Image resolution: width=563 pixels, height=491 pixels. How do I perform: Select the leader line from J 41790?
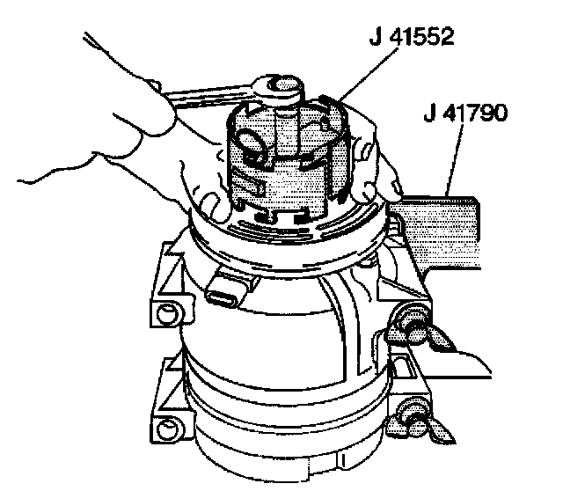pyautogui.click(x=451, y=163)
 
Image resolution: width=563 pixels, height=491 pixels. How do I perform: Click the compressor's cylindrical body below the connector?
pyautogui.click(x=264, y=352)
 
